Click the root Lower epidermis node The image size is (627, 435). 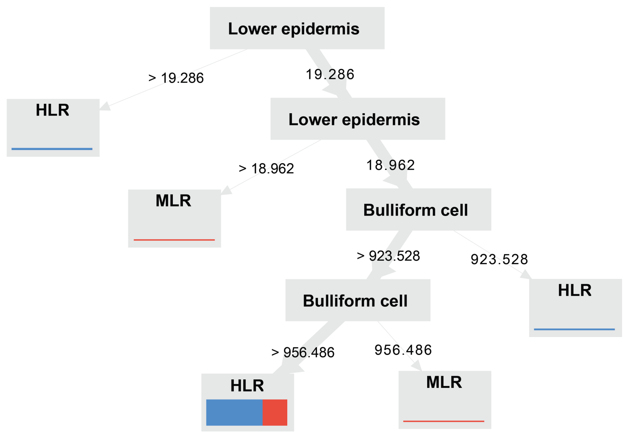(x=297, y=28)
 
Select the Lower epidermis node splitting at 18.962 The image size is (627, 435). (x=358, y=119)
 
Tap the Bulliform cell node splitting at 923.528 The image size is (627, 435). (x=418, y=209)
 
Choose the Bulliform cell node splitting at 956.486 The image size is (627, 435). (x=358, y=300)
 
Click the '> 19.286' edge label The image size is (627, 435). (x=176, y=78)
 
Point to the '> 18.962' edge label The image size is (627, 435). (x=266, y=169)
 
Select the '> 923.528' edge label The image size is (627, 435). (x=388, y=256)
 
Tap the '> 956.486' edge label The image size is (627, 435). (x=303, y=352)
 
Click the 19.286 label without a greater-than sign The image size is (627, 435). (x=330, y=74)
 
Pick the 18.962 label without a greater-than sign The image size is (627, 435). (x=390, y=165)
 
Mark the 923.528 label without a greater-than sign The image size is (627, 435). (x=499, y=259)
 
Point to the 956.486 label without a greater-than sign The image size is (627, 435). (x=403, y=350)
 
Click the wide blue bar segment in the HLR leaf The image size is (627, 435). (x=234, y=412)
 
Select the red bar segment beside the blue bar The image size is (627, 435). (x=275, y=412)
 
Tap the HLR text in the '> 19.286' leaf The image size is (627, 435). (x=53, y=110)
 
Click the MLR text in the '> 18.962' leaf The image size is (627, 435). (x=174, y=201)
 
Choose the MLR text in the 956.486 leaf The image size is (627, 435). (x=444, y=382)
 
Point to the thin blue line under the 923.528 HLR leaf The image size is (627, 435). (x=574, y=329)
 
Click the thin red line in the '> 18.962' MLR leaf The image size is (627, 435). (x=174, y=240)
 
